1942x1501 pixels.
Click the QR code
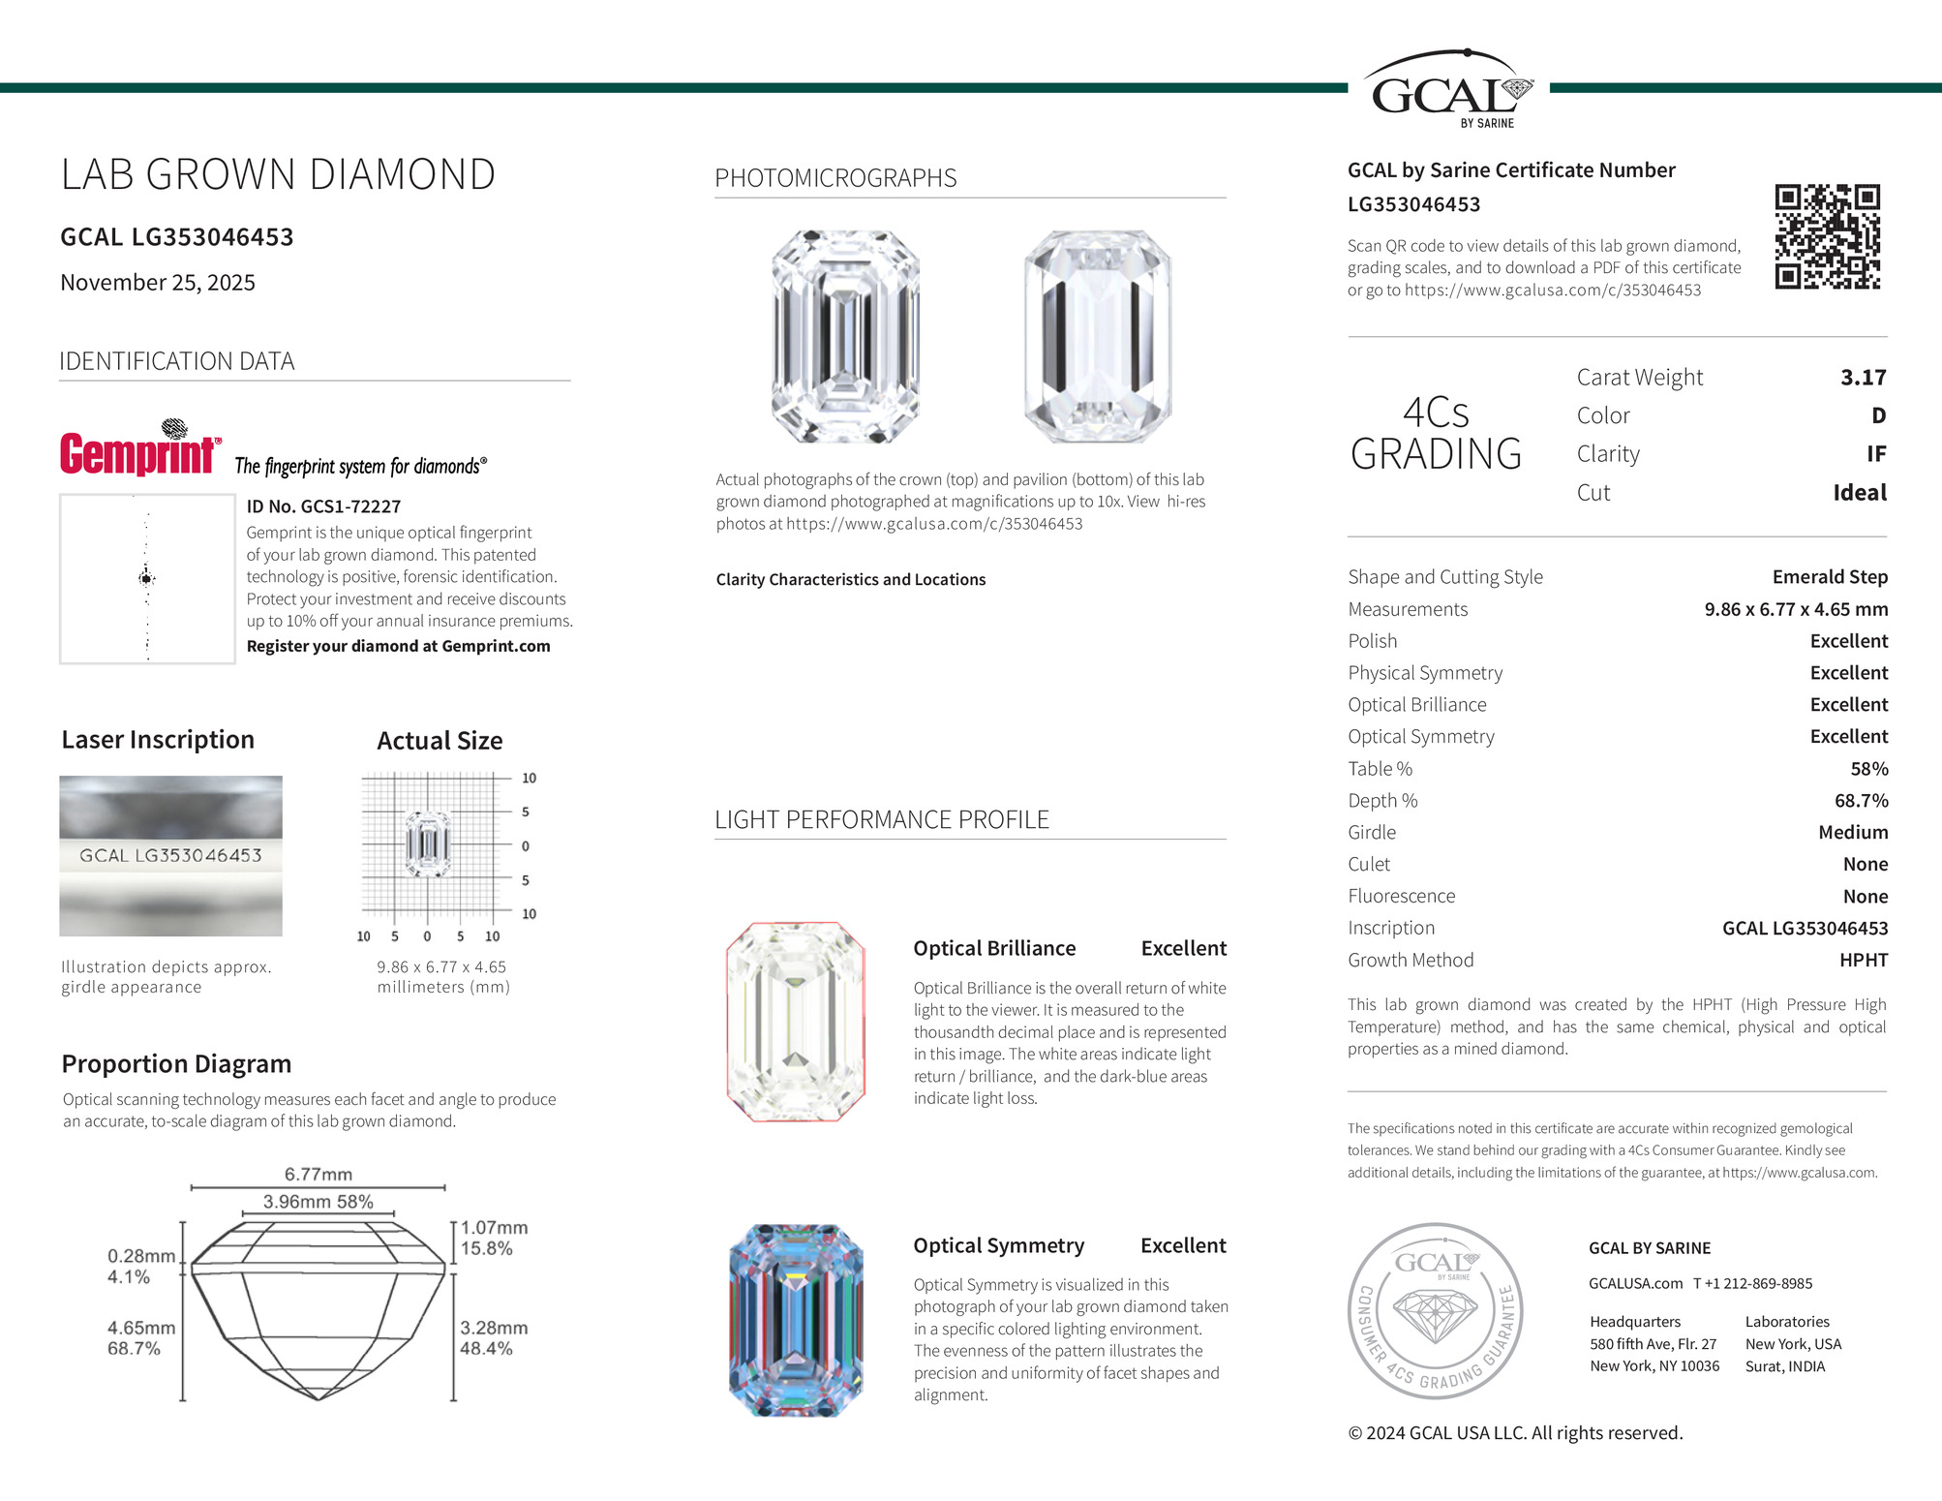pyautogui.click(x=1827, y=236)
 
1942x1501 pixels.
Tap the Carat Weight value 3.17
pyautogui.click(x=1863, y=378)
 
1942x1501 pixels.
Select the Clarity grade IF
pyautogui.click(x=1875, y=454)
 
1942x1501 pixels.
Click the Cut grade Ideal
pyautogui.click(x=1859, y=493)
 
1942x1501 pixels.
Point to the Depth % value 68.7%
pyautogui.click(x=1861, y=801)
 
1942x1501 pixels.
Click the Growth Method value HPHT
pyautogui.click(x=1863, y=961)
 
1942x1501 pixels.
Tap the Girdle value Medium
pyautogui.click(x=1852, y=833)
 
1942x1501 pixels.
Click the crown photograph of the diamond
pyautogui.click(x=845, y=336)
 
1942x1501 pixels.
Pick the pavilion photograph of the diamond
pyautogui.click(x=1097, y=336)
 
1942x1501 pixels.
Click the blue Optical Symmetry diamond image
pyautogui.click(x=795, y=1320)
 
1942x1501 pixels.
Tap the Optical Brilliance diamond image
pyautogui.click(x=795, y=1022)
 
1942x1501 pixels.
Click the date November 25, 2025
pyautogui.click(x=158, y=283)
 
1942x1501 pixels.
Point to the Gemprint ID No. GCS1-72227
pyautogui.click(x=323, y=506)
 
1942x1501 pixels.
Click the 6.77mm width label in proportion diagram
pyautogui.click(x=318, y=1175)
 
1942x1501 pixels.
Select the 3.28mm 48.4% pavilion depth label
pyautogui.click(x=493, y=1337)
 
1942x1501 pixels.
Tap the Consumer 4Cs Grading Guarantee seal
pyautogui.click(x=1435, y=1310)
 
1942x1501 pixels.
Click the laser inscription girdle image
pyautogui.click(x=170, y=856)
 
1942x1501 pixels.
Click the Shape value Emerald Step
pyautogui.click(x=1829, y=577)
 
